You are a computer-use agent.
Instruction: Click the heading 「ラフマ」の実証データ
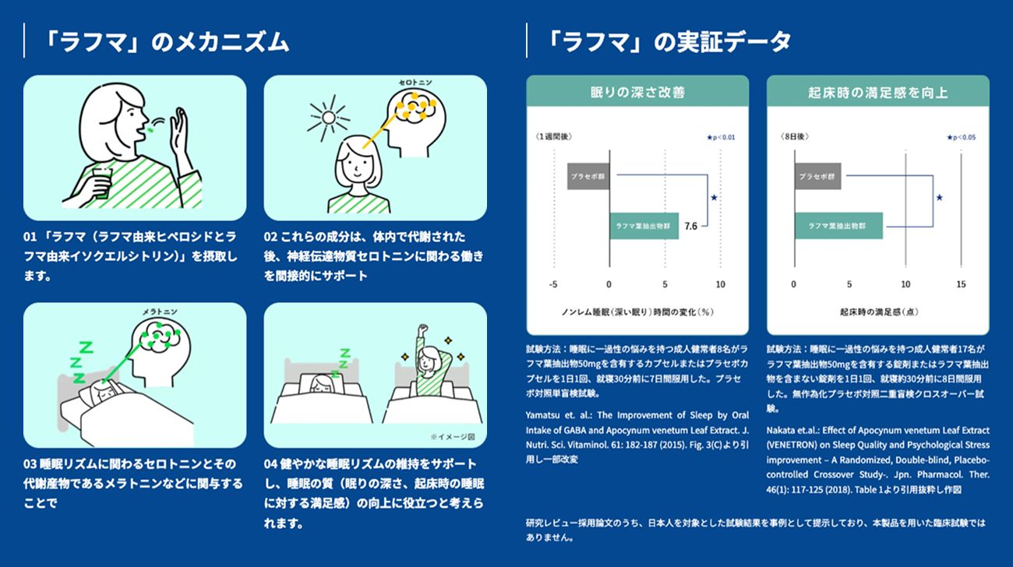point(669,42)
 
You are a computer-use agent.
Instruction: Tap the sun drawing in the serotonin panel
point(329,118)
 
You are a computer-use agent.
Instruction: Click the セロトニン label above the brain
point(415,83)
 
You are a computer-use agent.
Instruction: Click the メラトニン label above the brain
point(160,312)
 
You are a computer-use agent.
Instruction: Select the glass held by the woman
point(102,183)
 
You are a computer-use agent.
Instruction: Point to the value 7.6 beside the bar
point(690,226)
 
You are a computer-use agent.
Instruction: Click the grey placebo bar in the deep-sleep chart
point(588,176)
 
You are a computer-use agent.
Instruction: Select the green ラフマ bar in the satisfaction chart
point(838,226)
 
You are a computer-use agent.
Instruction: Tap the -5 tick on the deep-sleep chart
point(553,284)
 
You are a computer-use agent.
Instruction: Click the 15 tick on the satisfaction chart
point(961,284)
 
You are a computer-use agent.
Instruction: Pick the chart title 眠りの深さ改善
point(637,93)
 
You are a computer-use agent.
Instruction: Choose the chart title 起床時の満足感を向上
point(877,93)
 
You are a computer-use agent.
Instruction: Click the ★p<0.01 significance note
point(721,137)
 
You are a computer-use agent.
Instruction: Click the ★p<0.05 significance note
point(961,137)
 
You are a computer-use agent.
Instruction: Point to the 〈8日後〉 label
point(795,136)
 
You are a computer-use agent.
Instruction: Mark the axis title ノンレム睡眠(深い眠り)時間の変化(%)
point(637,312)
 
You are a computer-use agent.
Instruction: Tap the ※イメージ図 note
point(452,437)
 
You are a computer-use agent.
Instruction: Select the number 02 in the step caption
point(270,237)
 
